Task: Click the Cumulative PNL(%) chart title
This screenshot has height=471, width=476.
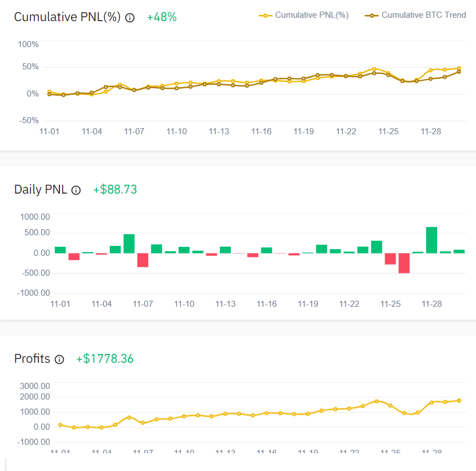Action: coord(67,17)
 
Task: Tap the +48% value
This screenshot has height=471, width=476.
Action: coord(161,17)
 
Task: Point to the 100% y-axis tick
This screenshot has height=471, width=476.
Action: coord(28,44)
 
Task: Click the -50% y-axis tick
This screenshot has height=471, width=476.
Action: coord(28,120)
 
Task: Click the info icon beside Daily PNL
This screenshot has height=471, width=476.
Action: coord(77,190)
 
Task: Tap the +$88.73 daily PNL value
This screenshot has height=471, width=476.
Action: coord(115,190)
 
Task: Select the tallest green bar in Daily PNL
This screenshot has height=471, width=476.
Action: coord(432,240)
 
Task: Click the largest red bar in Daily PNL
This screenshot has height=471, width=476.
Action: coord(404,263)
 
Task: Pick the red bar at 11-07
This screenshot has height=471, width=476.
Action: coord(143,260)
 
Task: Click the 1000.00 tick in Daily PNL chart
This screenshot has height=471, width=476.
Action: coord(35,216)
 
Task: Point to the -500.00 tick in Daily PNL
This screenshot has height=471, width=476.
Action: coord(35,272)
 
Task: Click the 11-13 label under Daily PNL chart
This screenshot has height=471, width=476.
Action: coord(226,304)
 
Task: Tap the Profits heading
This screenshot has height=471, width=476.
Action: coord(32,359)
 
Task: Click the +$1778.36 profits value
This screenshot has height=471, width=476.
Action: coord(105,359)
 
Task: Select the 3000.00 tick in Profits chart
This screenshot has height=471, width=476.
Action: coord(35,386)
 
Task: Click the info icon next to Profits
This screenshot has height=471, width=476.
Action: coord(60,359)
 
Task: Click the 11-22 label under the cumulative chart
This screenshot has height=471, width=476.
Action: coord(346,131)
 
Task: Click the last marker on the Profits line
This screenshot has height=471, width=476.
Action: coord(459,401)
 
